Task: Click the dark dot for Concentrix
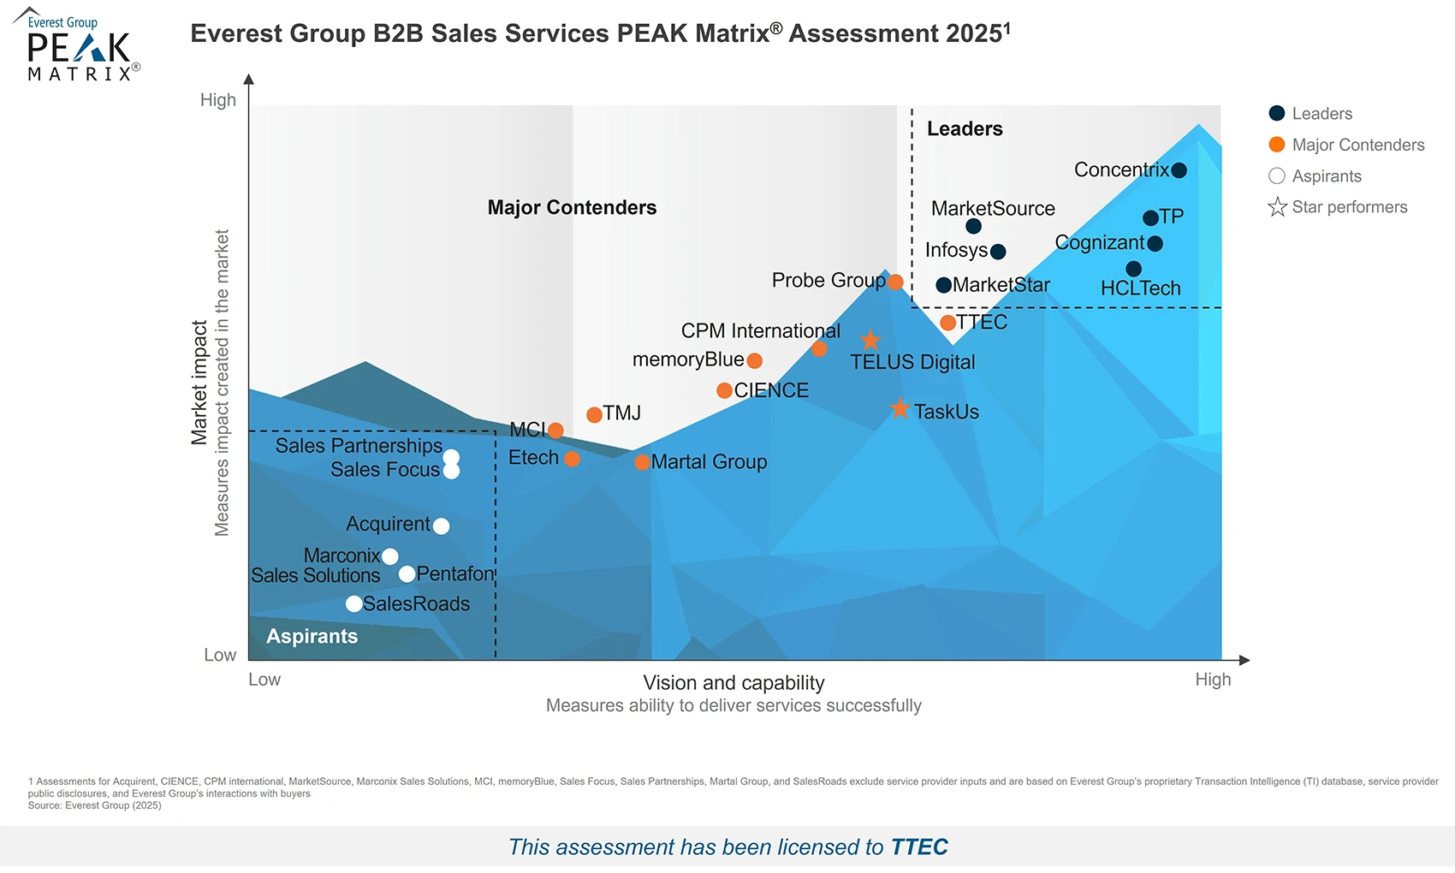click(x=1179, y=170)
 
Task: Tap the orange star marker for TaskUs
click(x=900, y=409)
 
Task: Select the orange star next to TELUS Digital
click(x=870, y=341)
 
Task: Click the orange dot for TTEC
click(x=947, y=323)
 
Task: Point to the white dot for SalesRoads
click(x=353, y=604)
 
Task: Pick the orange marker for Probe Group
click(x=895, y=282)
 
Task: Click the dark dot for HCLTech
click(x=1133, y=269)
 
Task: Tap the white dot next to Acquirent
click(x=441, y=526)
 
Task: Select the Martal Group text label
click(x=709, y=462)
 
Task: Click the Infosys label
click(x=956, y=251)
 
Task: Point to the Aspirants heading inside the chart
click(x=312, y=637)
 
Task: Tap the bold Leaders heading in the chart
click(x=965, y=129)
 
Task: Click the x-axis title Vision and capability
click(x=733, y=683)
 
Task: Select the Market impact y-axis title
click(x=199, y=383)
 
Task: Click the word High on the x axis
click(x=1212, y=680)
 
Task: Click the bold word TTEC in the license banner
click(x=919, y=847)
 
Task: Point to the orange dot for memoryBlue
click(x=754, y=361)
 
